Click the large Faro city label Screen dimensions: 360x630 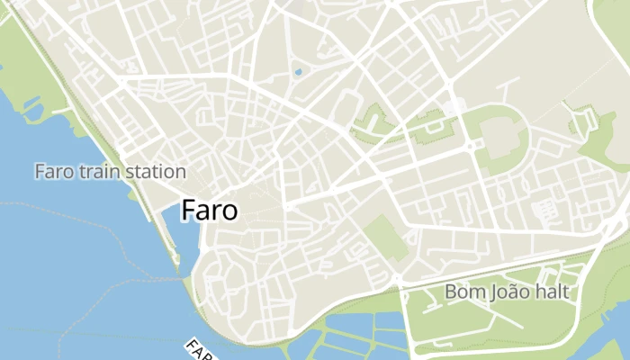pos(210,211)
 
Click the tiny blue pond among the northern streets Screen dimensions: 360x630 pos(298,72)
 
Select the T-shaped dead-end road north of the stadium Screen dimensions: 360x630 pos(508,86)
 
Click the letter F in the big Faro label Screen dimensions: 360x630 pos(189,211)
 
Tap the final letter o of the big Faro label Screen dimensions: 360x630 pos(229,212)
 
